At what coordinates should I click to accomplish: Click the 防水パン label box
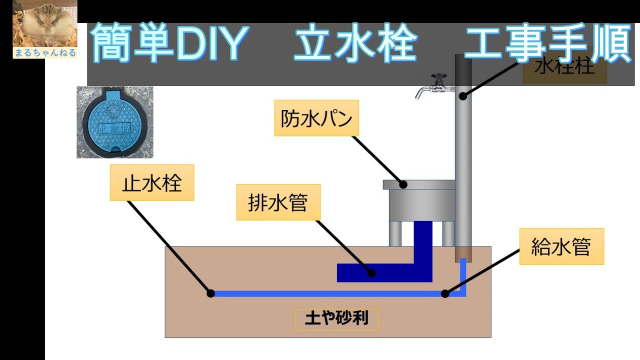point(316,118)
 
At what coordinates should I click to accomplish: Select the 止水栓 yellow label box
point(152,183)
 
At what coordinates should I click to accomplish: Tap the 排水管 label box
point(278,202)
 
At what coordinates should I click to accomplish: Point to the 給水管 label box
point(561,246)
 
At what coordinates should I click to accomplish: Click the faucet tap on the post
point(434,86)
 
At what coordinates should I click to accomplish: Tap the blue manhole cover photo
point(114,122)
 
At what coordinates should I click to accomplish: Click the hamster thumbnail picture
point(45,23)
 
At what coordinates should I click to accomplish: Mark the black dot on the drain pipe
point(371,273)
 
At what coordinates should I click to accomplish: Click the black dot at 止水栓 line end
point(211,293)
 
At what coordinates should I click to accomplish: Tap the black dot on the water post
point(463,95)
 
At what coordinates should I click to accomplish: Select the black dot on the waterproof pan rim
point(403,184)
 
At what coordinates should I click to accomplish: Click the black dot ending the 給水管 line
point(445,293)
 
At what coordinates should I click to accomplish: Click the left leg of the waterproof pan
point(395,233)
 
